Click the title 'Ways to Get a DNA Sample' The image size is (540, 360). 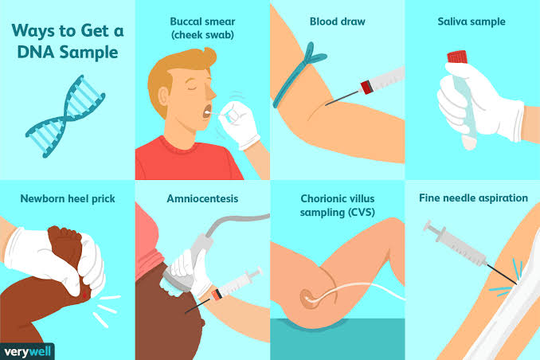[68, 41]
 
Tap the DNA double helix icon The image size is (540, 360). [65, 116]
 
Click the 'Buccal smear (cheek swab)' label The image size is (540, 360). [202, 28]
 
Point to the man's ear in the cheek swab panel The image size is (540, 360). [163, 96]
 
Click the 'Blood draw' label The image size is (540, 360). [337, 22]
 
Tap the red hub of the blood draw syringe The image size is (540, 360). [366, 87]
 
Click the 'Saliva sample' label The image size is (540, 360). [472, 22]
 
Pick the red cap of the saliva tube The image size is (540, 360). [457, 57]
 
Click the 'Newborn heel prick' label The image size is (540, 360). [68, 198]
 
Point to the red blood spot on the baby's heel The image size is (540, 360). [84, 295]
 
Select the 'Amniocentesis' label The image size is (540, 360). [202, 198]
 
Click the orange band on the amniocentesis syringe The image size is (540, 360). [217, 295]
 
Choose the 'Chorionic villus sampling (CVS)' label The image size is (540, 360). [337, 205]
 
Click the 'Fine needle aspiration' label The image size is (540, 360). [473, 198]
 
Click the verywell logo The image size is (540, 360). [27, 352]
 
